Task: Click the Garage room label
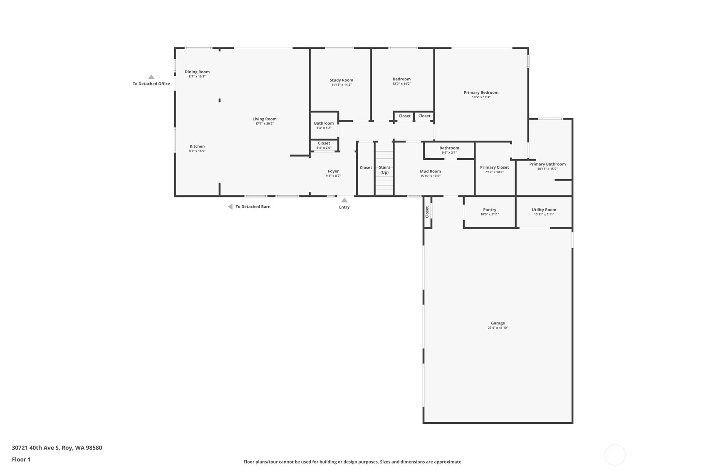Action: (x=498, y=323)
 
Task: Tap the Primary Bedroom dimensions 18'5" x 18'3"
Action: (x=481, y=97)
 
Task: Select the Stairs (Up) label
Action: (x=384, y=170)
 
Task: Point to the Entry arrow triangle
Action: (x=344, y=200)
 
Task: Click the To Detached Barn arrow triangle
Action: (x=230, y=207)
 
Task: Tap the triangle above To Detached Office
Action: (x=151, y=77)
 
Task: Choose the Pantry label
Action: (x=490, y=210)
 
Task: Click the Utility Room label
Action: (x=544, y=210)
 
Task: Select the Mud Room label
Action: (x=430, y=171)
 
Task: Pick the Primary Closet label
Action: (x=494, y=167)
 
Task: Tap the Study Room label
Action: (x=341, y=80)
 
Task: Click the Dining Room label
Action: (x=197, y=72)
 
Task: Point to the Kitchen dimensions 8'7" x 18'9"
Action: (x=197, y=151)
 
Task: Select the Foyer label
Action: (x=333, y=171)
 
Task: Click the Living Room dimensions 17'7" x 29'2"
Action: (x=265, y=124)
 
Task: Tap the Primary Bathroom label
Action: (x=547, y=164)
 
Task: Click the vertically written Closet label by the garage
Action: (x=427, y=212)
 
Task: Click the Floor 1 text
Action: (x=21, y=459)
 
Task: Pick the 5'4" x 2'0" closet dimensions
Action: (x=324, y=148)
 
